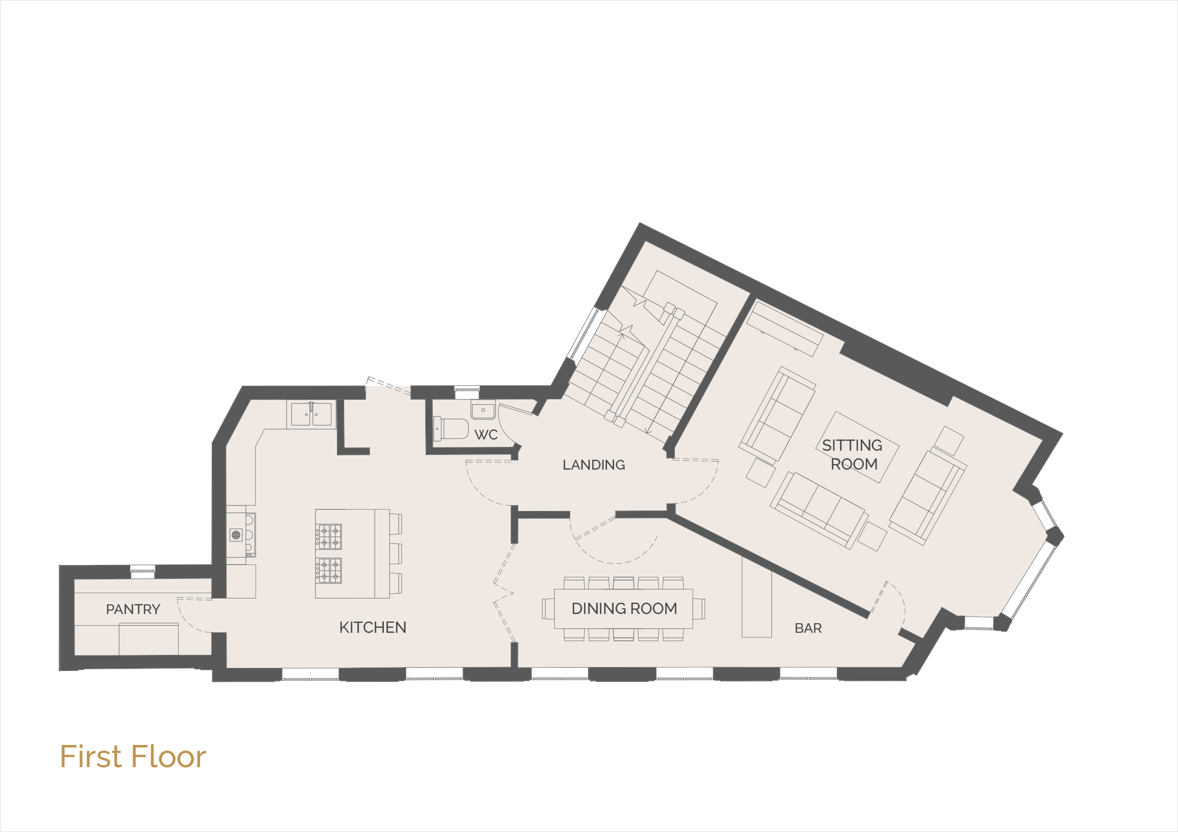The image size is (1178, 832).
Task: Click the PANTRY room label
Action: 133,609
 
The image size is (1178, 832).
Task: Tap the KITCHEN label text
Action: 373,627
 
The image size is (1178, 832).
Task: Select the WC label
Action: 486,435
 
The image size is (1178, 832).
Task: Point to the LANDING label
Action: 594,465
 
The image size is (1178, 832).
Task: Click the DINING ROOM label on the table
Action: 624,609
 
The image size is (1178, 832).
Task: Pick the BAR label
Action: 808,628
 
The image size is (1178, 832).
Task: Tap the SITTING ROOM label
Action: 853,455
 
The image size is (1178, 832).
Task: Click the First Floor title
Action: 133,757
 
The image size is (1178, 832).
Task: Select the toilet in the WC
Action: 451,429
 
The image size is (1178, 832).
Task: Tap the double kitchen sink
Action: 311,414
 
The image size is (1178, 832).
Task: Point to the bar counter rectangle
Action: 757,598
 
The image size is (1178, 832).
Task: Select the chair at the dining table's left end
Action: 548,609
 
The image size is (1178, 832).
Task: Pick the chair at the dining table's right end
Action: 699,609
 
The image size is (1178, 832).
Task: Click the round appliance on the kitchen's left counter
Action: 236,535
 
